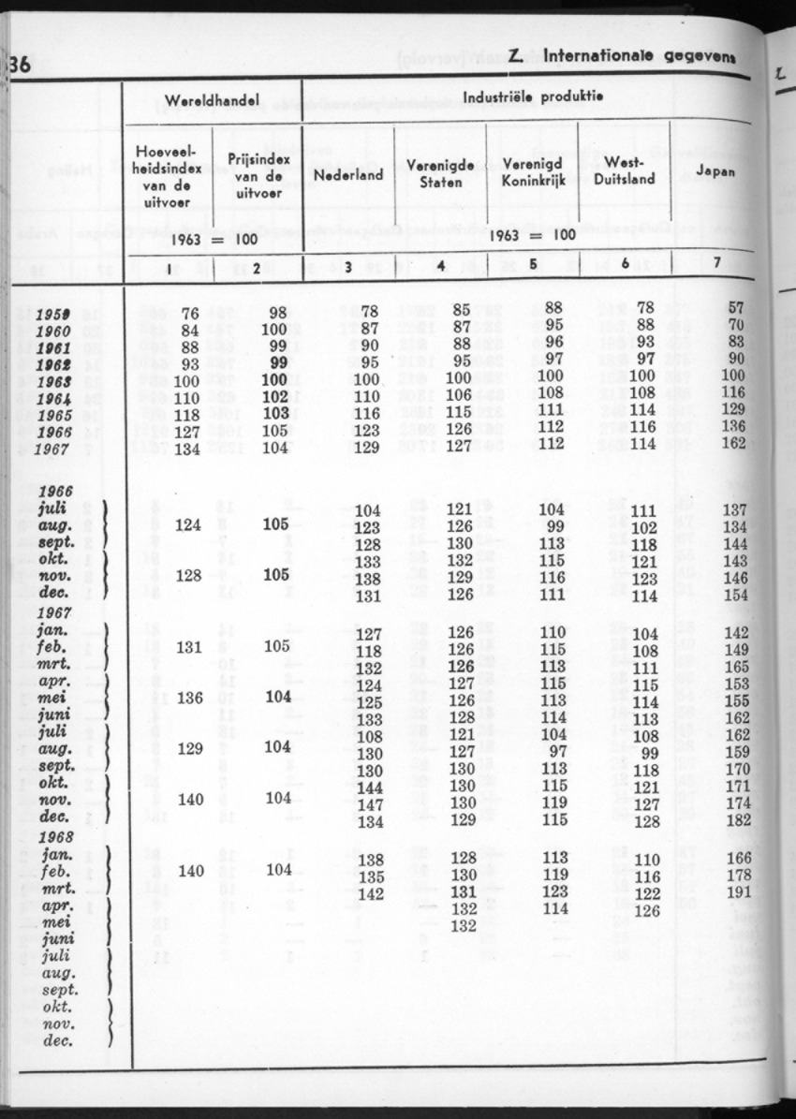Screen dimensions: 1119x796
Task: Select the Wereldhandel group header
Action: coord(212,100)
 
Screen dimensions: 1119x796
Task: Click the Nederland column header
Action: coord(348,175)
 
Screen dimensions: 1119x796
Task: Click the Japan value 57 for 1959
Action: coord(735,307)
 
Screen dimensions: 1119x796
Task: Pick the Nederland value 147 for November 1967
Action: coord(370,804)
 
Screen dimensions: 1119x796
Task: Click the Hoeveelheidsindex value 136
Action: coord(190,698)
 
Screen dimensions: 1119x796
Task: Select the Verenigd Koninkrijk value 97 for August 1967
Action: coord(559,751)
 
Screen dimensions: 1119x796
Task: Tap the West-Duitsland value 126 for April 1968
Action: coord(647,909)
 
